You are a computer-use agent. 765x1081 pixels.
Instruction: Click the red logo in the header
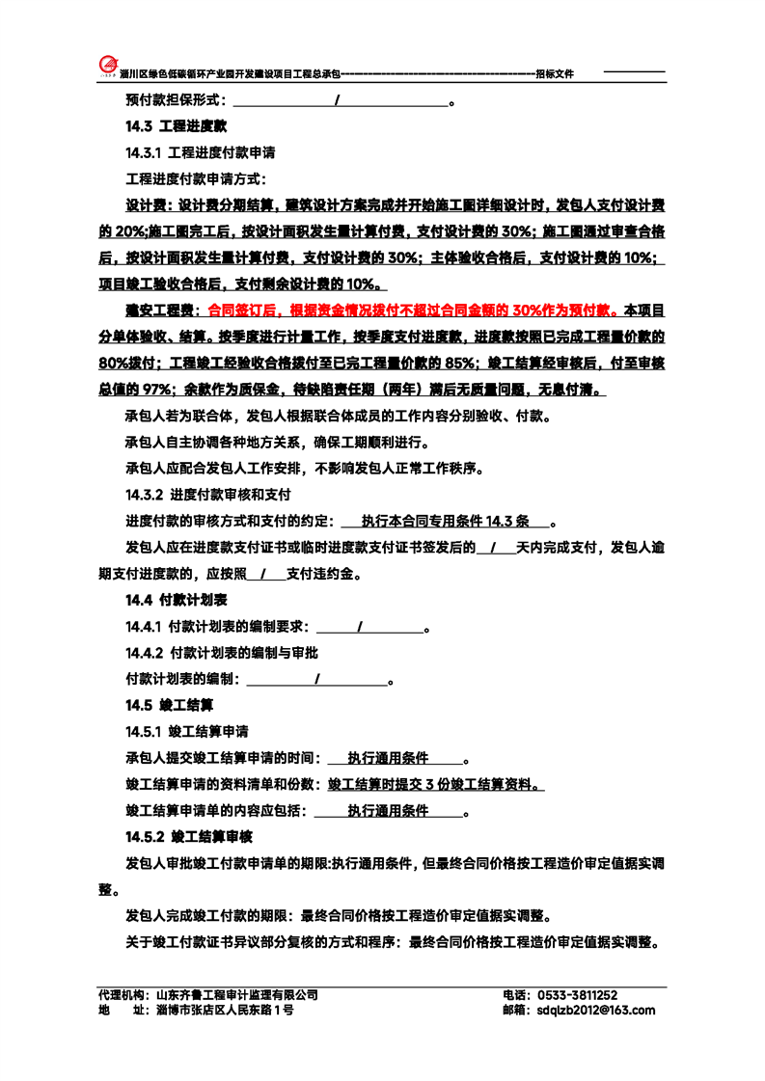tap(108, 63)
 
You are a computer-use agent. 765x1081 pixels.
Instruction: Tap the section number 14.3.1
tap(145, 152)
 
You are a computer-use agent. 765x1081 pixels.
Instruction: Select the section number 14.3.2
tap(146, 495)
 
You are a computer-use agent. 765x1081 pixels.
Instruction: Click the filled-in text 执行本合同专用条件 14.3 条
tap(445, 522)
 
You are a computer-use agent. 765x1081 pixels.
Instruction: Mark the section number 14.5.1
tap(145, 731)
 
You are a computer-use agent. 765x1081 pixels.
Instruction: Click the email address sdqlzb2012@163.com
tap(592, 1010)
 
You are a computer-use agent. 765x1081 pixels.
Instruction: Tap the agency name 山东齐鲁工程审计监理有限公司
tap(236, 994)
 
